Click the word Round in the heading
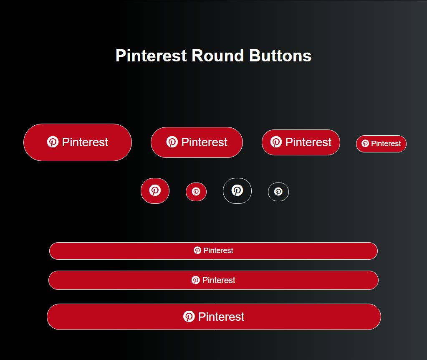[217, 56]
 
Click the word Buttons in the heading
[280, 56]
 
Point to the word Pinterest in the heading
[151, 56]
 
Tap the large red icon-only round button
[155, 191]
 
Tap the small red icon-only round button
[196, 192]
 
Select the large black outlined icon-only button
[237, 191]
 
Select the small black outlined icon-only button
[278, 192]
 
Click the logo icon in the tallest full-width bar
[189, 317]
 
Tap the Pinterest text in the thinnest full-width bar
[218, 251]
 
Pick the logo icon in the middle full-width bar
[195, 280]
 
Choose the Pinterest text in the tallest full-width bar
[221, 317]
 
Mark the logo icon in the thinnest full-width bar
[197, 250]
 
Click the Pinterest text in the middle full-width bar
[219, 280]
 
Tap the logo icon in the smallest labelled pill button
[365, 143]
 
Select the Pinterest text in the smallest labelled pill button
[386, 144]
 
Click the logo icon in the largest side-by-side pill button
[53, 142]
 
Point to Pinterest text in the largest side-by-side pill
[85, 142]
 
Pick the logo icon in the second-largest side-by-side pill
[172, 142]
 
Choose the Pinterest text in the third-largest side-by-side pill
[308, 142]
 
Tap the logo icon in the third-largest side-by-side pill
[276, 142]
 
